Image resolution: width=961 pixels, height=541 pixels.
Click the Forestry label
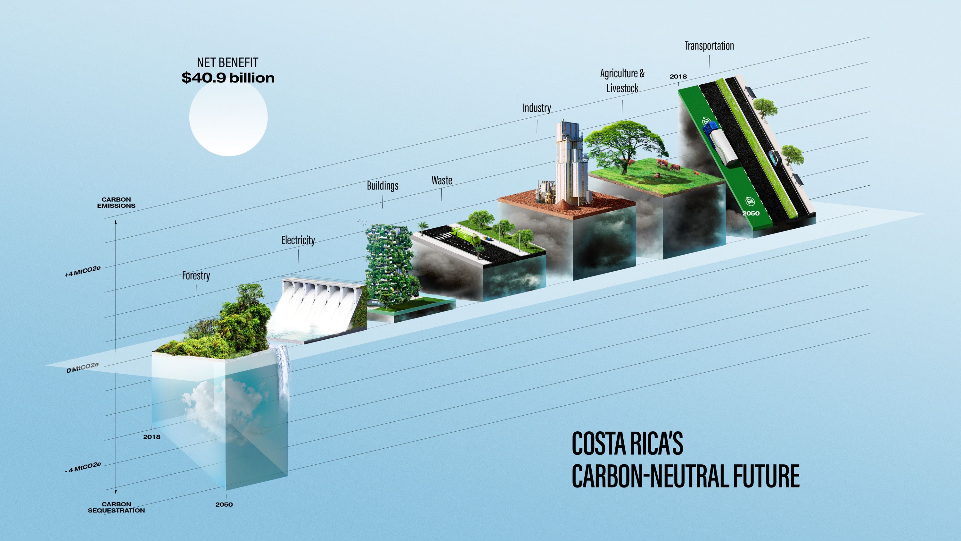[196, 275]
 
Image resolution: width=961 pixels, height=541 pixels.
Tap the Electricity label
[298, 240]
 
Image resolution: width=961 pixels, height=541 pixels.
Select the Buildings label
[382, 186]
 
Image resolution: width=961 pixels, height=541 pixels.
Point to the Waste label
[442, 180]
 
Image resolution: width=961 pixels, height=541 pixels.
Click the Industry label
[537, 108]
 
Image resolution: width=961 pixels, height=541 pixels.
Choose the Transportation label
[709, 46]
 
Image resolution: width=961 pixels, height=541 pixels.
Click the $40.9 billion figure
[228, 78]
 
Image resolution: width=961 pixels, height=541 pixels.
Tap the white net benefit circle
[228, 117]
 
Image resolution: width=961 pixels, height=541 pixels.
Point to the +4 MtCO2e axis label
[82, 271]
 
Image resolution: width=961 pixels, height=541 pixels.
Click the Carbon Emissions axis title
[116, 203]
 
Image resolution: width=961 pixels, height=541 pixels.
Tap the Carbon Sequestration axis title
[116, 507]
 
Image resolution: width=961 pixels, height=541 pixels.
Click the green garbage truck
[466, 236]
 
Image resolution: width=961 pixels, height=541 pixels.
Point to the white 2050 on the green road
[751, 214]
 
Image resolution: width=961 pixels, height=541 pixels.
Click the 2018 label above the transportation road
[678, 77]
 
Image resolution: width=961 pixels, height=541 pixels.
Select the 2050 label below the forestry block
[224, 505]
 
